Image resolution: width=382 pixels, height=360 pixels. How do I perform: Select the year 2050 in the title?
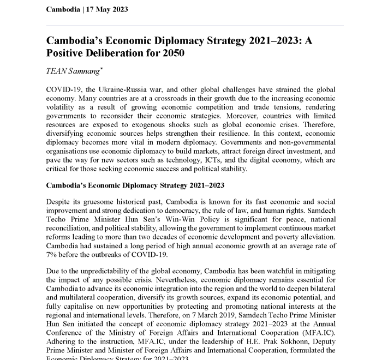pos(174,53)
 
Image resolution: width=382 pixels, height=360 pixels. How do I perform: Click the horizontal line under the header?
pos(195,25)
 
